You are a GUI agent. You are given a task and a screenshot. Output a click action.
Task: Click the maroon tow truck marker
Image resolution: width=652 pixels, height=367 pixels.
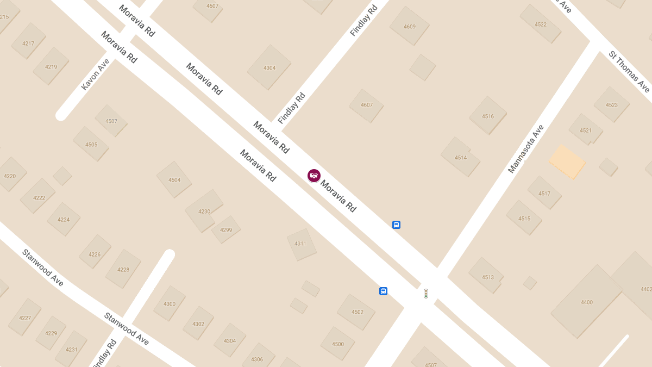pyautogui.click(x=314, y=176)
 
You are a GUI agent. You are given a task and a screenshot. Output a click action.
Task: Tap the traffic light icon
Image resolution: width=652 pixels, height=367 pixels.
pyautogui.click(x=426, y=294)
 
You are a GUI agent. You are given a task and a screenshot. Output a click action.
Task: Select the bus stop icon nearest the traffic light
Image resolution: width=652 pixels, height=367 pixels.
pyautogui.click(x=383, y=291)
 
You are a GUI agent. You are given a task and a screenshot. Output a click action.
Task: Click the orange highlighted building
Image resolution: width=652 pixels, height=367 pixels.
pyautogui.click(x=567, y=161)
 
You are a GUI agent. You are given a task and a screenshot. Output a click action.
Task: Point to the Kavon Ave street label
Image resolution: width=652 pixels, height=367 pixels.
pyautogui.click(x=95, y=74)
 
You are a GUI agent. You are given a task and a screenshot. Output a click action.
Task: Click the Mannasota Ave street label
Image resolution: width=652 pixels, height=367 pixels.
pyautogui.click(x=525, y=149)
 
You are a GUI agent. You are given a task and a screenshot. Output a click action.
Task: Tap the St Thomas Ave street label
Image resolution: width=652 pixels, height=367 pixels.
pyautogui.click(x=629, y=71)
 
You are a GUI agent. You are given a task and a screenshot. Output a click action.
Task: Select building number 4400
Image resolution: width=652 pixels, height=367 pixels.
pyautogui.click(x=587, y=302)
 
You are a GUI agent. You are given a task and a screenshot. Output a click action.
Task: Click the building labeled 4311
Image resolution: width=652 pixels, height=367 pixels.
pyautogui.click(x=300, y=244)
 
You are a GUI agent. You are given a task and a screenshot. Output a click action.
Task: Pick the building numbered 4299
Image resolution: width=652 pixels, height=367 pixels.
pyautogui.click(x=226, y=230)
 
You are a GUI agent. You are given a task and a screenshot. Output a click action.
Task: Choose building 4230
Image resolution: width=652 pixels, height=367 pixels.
pyautogui.click(x=204, y=211)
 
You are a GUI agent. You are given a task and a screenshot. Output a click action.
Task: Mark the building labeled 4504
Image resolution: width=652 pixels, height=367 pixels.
pyautogui.click(x=174, y=179)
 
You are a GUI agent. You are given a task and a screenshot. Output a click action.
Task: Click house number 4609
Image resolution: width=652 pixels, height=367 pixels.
pyautogui.click(x=410, y=26)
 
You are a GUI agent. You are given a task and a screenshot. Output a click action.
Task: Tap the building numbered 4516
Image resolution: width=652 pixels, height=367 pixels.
pyautogui.click(x=488, y=116)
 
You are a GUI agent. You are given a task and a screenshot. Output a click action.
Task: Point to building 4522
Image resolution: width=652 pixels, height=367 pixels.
pyautogui.click(x=541, y=24)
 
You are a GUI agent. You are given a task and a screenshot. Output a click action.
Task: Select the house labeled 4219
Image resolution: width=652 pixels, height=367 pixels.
pyautogui.click(x=51, y=66)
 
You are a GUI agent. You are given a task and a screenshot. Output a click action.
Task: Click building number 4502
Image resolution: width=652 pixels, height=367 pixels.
pyautogui.click(x=357, y=312)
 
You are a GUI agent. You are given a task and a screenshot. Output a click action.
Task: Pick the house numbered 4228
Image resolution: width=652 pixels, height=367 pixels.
pyautogui.click(x=123, y=269)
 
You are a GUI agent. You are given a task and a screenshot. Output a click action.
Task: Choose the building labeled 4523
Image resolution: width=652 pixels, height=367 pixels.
pyautogui.click(x=612, y=104)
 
